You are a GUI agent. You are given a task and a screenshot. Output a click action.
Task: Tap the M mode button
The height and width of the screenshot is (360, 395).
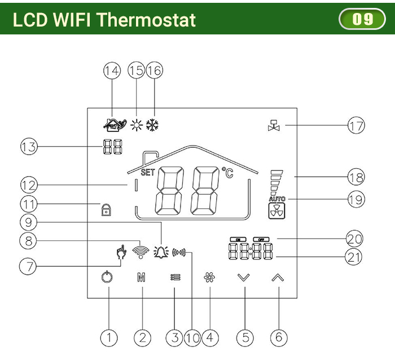142,278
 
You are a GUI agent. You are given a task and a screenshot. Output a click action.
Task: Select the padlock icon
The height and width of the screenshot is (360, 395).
106,209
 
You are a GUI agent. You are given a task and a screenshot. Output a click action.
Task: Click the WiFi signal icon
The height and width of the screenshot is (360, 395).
140,251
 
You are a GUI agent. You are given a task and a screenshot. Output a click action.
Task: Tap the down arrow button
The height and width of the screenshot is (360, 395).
243,278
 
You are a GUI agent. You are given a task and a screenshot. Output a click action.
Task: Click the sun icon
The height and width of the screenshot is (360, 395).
136,125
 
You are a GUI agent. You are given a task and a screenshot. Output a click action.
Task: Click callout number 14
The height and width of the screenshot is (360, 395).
112,71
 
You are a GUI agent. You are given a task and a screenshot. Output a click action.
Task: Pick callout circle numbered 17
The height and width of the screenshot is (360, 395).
355,125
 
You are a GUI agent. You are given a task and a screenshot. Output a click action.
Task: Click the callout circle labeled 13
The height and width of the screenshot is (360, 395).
28,148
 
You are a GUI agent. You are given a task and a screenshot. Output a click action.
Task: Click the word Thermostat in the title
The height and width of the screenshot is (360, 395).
146,20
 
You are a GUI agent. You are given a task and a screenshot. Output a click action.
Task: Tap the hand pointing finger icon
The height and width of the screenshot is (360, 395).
119,252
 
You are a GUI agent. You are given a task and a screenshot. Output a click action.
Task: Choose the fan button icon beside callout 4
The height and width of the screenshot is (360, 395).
209,278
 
